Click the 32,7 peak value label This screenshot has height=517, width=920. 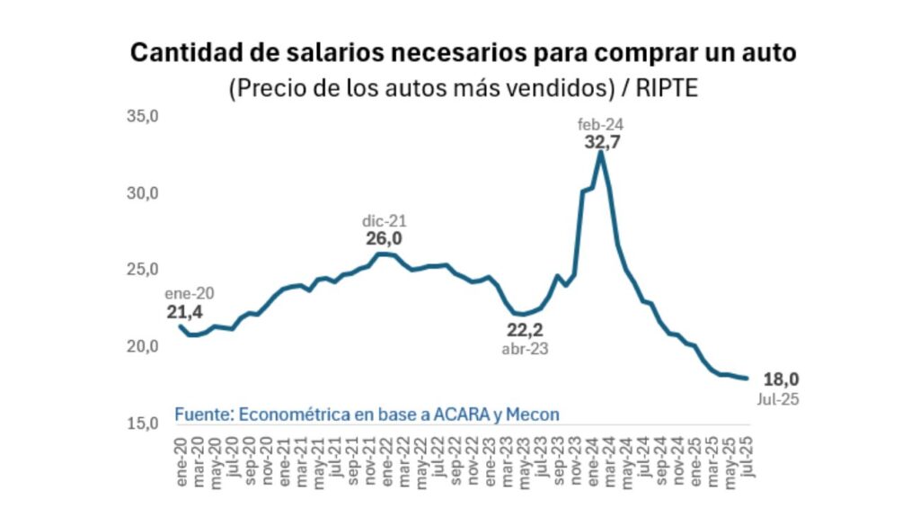coord(602,142)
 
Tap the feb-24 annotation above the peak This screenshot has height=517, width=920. coord(602,124)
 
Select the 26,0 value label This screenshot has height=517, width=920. coord(384,238)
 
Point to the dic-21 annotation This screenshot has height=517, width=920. coord(385,220)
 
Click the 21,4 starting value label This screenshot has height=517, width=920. coord(184,312)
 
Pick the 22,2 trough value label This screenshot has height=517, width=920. coord(526,331)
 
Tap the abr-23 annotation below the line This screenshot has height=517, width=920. coord(526,349)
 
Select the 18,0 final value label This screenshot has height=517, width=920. coord(781,379)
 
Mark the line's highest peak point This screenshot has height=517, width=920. coord(600,152)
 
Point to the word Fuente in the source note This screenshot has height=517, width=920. coord(203,414)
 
